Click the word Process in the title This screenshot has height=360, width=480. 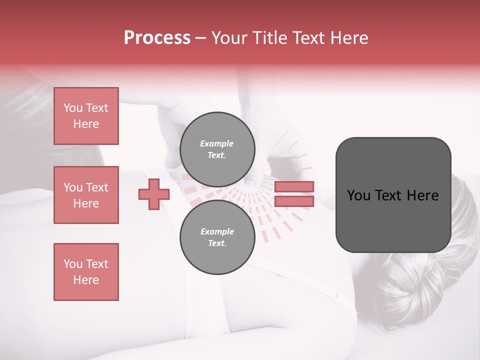tap(157, 38)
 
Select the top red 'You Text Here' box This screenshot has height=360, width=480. tap(86, 116)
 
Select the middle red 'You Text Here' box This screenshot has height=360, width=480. tap(86, 195)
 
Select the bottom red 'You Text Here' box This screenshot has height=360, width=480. tap(86, 272)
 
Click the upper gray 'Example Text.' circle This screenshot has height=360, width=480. tap(217, 149)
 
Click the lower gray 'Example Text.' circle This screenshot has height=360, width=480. tap(217, 237)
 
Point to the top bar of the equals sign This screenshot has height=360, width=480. tap(294, 186)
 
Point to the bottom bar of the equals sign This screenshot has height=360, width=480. tap(294, 201)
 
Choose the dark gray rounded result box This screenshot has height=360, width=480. tap(393, 195)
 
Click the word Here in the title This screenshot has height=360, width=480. tap(348, 38)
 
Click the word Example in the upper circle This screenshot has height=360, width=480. tap(217, 143)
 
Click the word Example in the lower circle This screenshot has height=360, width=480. tap(217, 231)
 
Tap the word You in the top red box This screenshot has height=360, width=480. tap(73, 108)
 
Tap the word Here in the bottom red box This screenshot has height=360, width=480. tap(86, 280)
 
